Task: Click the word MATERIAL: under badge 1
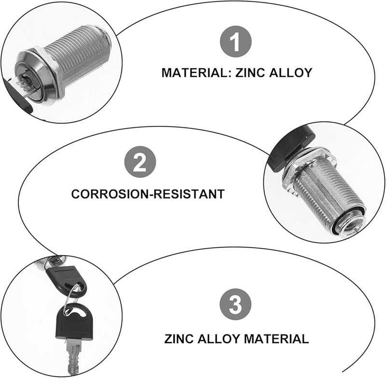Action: [x=196, y=73]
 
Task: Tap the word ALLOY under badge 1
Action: [x=291, y=73]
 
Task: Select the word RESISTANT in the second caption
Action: [x=190, y=194]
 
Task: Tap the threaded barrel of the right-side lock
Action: [x=321, y=194]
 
